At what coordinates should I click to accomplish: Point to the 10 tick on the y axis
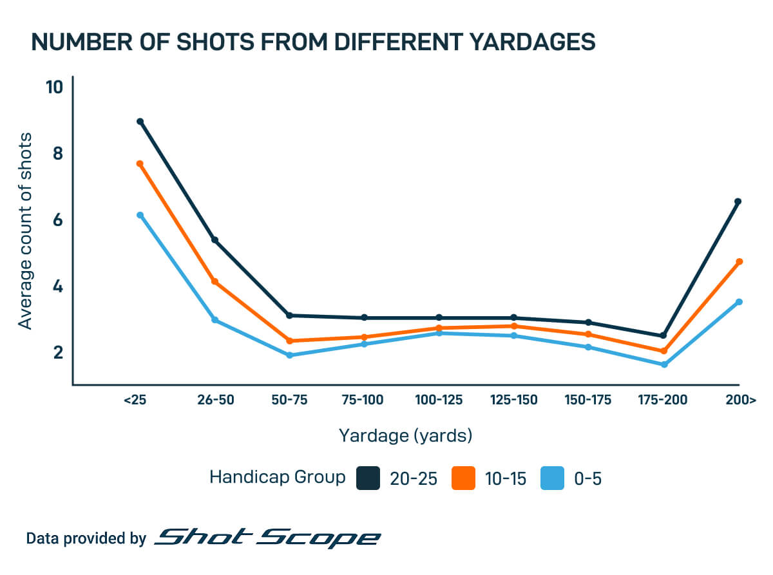55,87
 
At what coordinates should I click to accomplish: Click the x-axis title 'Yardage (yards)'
406,436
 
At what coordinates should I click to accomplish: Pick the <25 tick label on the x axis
135,401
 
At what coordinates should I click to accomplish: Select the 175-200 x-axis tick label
663,401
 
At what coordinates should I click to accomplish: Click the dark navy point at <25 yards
140,122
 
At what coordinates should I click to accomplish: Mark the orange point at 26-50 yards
215,282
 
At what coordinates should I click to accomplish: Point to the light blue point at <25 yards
140,215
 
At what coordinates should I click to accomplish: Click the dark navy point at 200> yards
738,202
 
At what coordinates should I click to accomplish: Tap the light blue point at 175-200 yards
663,364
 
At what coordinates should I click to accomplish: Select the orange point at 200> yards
739,261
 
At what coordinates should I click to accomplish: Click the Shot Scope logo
267,538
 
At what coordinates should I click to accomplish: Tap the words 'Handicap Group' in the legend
278,478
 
